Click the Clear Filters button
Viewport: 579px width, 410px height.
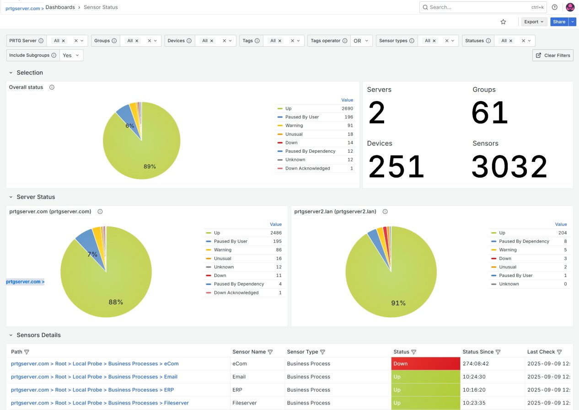553,55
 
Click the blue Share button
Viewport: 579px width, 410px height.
559,21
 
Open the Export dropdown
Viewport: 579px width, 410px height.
534,21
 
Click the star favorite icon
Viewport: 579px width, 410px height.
503,21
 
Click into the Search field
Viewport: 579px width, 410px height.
476,7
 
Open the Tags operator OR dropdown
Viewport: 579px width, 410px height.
361,41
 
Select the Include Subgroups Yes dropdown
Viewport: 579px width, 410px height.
71,55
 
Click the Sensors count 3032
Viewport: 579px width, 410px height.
509,167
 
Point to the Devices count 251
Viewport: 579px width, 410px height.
396,167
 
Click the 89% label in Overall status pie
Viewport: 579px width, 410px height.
150,166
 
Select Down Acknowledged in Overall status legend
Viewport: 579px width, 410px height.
307,168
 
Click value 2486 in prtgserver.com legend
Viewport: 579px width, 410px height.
276,233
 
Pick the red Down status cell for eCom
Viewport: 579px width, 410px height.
425,364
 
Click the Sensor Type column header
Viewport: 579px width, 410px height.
302,352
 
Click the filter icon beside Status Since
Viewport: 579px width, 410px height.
498,352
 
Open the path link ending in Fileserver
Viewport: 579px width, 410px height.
100,403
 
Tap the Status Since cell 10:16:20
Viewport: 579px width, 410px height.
473,390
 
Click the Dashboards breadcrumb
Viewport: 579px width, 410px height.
60,7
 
